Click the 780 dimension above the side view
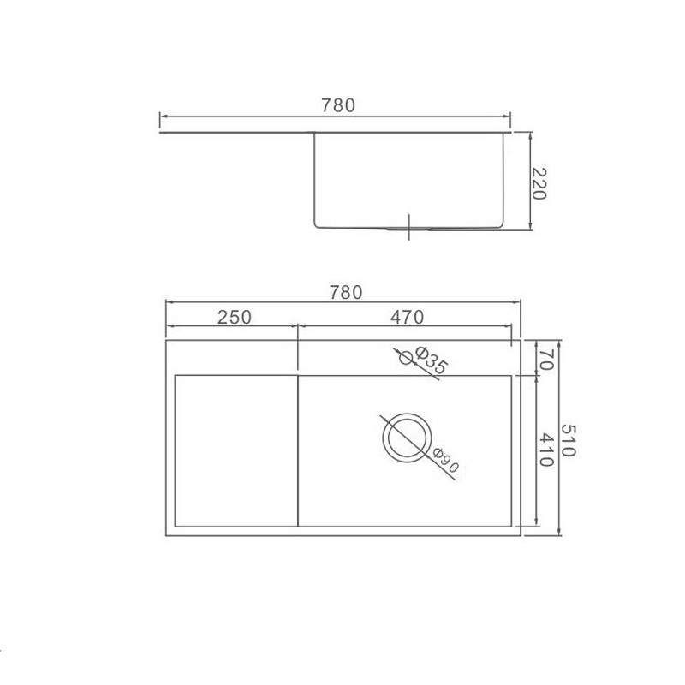(338, 105)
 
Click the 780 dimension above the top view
(346, 292)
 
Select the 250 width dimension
(235, 317)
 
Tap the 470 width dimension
(408, 317)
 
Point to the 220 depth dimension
(539, 183)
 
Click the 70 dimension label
(546, 360)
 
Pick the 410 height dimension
(546, 450)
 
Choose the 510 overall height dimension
(568, 440)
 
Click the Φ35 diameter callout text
(431, 360)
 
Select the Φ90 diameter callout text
(445, 461)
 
